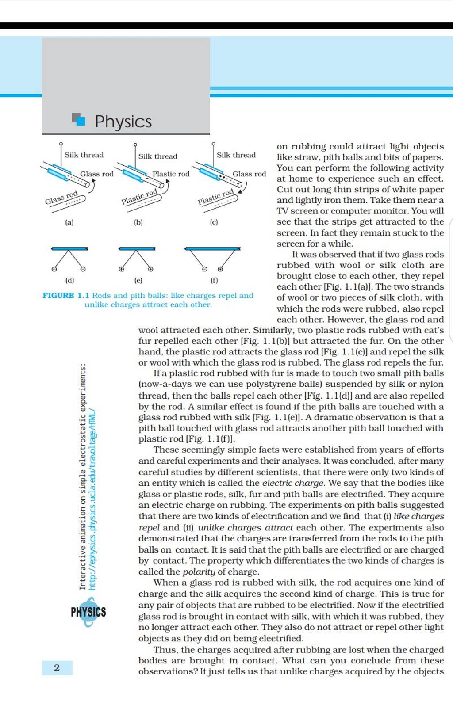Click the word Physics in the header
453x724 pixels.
(x=123, y=122)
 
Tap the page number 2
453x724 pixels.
(x=57, y=667)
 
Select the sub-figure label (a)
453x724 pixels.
(x=69, y=223)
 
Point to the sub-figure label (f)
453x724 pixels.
(x=214, y=280)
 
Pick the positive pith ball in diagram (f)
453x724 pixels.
(x=220, y=269)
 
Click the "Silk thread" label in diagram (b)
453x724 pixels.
(x=157, y=156)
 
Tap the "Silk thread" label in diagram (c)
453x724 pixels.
(x=236, y=155)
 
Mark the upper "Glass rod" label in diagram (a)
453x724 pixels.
(x=96, y=174)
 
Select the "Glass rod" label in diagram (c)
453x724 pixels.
(x=249, y=174)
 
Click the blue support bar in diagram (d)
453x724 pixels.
(x=69, y=249)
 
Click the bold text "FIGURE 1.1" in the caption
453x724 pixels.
(x=66, y=296)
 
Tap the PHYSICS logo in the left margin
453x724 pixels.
(x=88, y=612)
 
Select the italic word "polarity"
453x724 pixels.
(x=199, y=572)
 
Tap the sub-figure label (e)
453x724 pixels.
(x=138, y=280)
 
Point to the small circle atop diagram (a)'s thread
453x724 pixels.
(x=61, y=144)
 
